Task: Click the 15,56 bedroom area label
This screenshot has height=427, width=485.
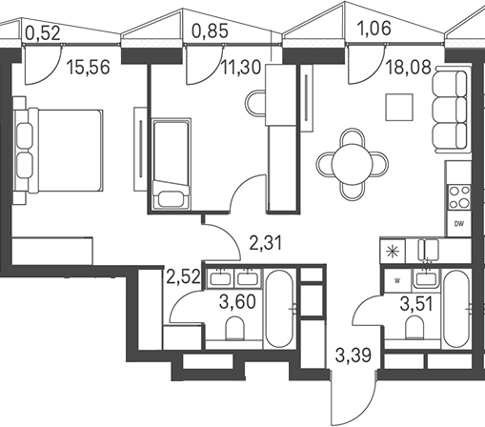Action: (89, 67)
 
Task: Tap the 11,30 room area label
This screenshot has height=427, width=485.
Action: (241, 68)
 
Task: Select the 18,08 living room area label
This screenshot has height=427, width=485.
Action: (409, 68)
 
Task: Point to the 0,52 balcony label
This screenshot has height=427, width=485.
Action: (43, 33)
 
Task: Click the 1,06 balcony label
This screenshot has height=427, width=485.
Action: (374, 29)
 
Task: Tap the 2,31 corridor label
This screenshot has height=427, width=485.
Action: (266, 244)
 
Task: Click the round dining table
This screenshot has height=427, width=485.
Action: (352, 164)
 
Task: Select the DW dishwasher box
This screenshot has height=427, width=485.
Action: (458, 224)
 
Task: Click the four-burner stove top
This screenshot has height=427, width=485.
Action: (459, 197)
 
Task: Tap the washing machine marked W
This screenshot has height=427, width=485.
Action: (397, 280)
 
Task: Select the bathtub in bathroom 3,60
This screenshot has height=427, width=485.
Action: (280, 309)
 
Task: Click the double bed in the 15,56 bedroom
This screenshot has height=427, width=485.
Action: (58, 151)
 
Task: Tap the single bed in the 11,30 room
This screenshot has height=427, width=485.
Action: (172, 164)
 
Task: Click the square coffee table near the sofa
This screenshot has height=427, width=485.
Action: (399, 107)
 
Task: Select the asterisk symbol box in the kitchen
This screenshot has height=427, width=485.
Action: (393, 252)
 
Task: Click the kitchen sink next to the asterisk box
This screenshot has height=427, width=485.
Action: (429, 251)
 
